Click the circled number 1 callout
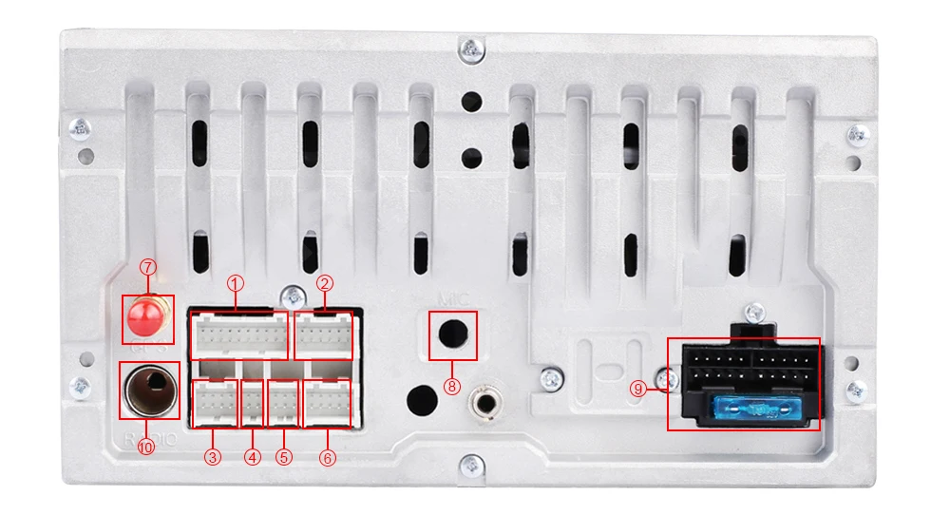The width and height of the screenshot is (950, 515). tap(236, 283)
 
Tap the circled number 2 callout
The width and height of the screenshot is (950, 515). tap(325, 283)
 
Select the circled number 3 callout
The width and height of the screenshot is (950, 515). tap(213, 457)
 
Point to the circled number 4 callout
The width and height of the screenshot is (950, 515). tap(252, 457)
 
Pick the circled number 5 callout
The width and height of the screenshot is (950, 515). tap(283, 457)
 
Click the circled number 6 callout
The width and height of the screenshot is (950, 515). tap(328, 457)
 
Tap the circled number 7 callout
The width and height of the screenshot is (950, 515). tap(147, 267)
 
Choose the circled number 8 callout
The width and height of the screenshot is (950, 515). tap(452, 386)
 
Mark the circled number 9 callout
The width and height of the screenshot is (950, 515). tap(637, 388)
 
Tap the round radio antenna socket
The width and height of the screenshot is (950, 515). tap(148, 389)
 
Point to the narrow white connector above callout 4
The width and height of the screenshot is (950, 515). tap(252, 403)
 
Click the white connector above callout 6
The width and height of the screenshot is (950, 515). tap(328, 404)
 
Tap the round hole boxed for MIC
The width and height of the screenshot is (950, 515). tap(452, 334)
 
